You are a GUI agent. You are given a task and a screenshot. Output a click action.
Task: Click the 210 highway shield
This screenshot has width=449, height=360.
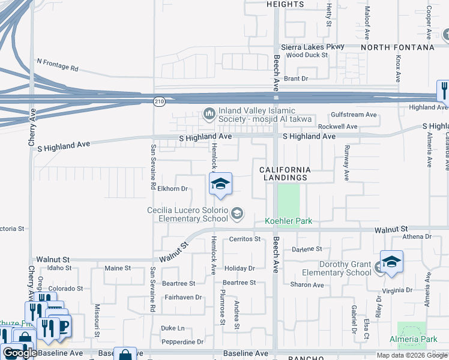pyautogui.click(x=159, y=102)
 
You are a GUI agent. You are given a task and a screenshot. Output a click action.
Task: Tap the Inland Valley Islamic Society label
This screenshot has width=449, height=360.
pyautogui.click(x=264, y=115)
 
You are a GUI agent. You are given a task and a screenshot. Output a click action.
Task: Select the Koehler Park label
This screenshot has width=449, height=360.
pyautogui.click(x=289, y=221)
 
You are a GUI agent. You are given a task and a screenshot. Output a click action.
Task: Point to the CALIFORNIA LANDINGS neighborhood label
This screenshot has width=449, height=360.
pyautogui.click(x=285, y=174)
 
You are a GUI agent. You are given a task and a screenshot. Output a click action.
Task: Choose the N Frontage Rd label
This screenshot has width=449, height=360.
pyautogui.click(x=58, y=64)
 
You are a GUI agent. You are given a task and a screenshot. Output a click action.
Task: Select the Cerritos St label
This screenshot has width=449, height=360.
pyautogui.click(x=245, y=239)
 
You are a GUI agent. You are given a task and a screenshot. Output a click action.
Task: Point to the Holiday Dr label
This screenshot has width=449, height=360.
pyautogui.click(x=240, y=268)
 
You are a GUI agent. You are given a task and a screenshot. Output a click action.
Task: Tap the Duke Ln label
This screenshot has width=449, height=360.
pyautogui.click(x=173, y=328)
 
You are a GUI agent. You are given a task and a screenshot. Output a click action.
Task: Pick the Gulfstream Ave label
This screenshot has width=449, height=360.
pyautogui.click(x=354, y=115)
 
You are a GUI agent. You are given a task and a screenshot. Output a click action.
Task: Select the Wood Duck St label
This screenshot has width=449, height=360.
pyautogui.click(x=307, y=55)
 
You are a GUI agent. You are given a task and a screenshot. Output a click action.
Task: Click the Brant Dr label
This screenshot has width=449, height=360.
pyautogui.click(x=296, y=79)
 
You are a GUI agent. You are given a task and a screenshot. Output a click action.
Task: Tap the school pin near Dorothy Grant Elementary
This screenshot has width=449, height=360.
pyautogui.click(x=391, y=262)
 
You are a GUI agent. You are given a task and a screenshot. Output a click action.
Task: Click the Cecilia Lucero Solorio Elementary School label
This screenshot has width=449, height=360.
pyautogui.click(x=188, y=214)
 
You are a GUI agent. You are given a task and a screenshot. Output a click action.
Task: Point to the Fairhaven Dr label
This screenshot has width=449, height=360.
pyautogui.click(x=184, y=297)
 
